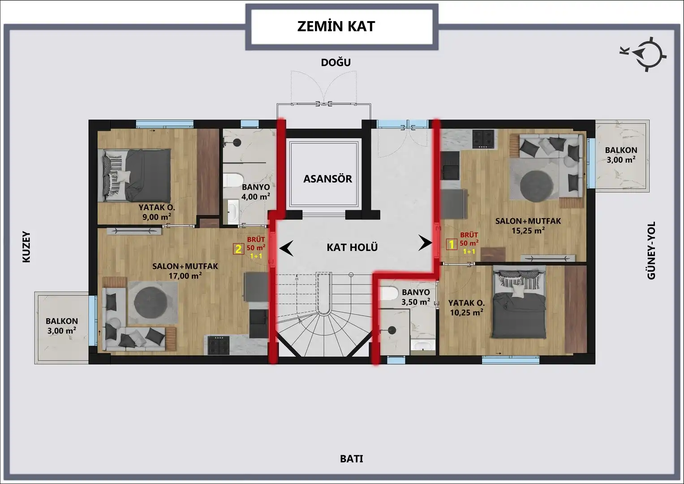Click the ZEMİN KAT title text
[x=336, y=26]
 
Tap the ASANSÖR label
[x=327, y=179]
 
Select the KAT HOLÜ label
[x=352, y=247]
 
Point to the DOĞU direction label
[x=336, y=62]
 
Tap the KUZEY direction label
[x=26, y=247]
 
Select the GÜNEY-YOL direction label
[x=651, y=250]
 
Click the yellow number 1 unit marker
[x=452, y=244]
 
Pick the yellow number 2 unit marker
[x=238, y=249]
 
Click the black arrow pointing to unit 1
[x=425, y=243]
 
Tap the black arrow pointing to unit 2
[x=286, y=248]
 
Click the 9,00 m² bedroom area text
[x=157, y=217]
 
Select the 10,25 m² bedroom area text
[x=466, y=313]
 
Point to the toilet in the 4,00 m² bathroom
[x=232, y=180]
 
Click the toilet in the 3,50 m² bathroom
[x=389, y=294]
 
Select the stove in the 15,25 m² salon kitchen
[x=483, y=139]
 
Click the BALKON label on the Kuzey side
[x=62, y=321]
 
